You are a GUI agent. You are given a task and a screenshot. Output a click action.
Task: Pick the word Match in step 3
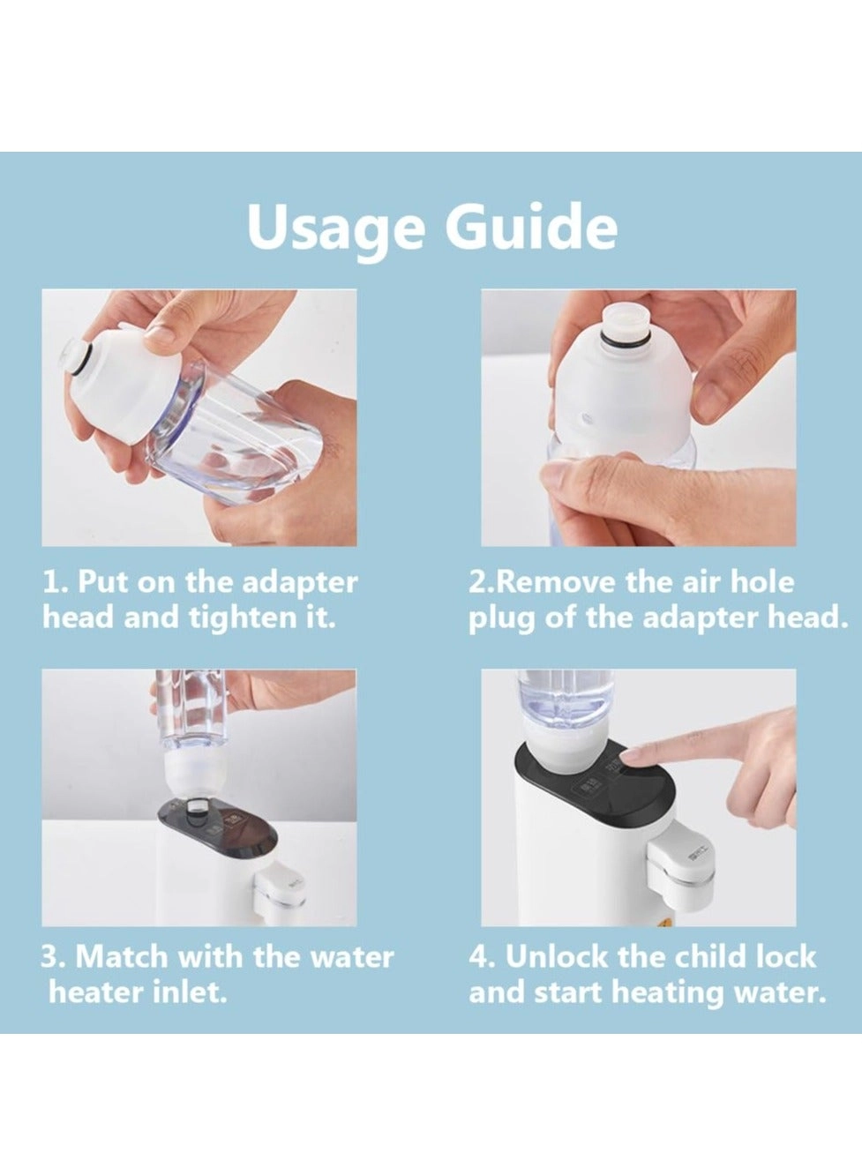(x=124, y=957)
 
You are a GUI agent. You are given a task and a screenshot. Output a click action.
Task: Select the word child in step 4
(x=711, y=956)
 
